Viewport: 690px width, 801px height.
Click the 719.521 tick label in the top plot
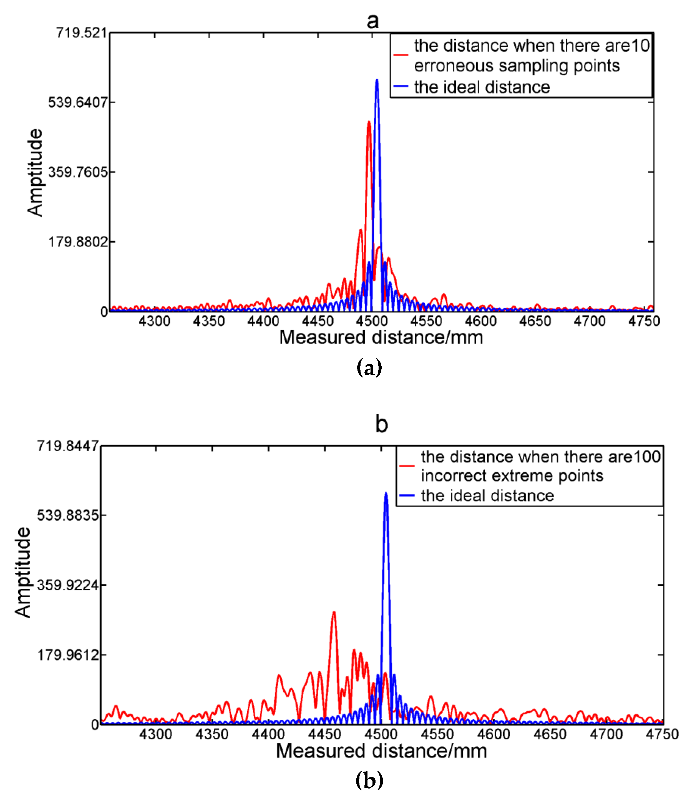(x=81, y=32)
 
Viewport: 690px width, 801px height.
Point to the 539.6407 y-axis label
(x=77, y=102)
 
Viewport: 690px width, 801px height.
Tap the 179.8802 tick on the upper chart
(x=77, y=242)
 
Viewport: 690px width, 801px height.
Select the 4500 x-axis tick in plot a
(x=372, y=321)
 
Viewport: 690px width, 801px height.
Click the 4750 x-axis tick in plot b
(x=662, y=734)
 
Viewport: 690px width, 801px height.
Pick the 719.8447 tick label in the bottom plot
(x=68, y=446)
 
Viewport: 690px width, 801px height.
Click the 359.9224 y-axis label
(x=68, y=585)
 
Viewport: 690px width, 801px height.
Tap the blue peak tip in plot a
(x=377, y=80)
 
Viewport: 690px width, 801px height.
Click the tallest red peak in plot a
(x=369, y=122)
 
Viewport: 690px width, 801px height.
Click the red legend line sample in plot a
(x=401, y=55)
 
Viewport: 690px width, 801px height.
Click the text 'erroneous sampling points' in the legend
(x=517, y=66)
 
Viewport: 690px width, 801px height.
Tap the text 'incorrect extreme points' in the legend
(x=512, y=476)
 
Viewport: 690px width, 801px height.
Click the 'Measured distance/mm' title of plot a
(x=381, y=338)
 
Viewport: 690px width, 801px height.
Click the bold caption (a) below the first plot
(x=369, y=367)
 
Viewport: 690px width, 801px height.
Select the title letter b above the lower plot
(x=382, y=424)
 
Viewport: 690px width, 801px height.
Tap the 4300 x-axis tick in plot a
(x=154, y=321)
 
